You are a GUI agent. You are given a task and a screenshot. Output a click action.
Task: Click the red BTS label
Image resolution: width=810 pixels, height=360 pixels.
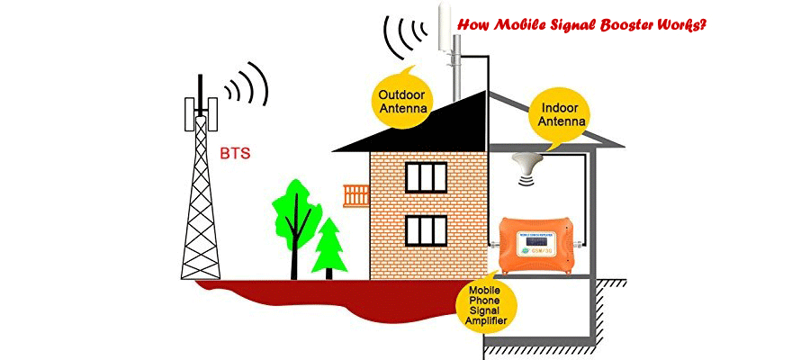click(237, 153)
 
